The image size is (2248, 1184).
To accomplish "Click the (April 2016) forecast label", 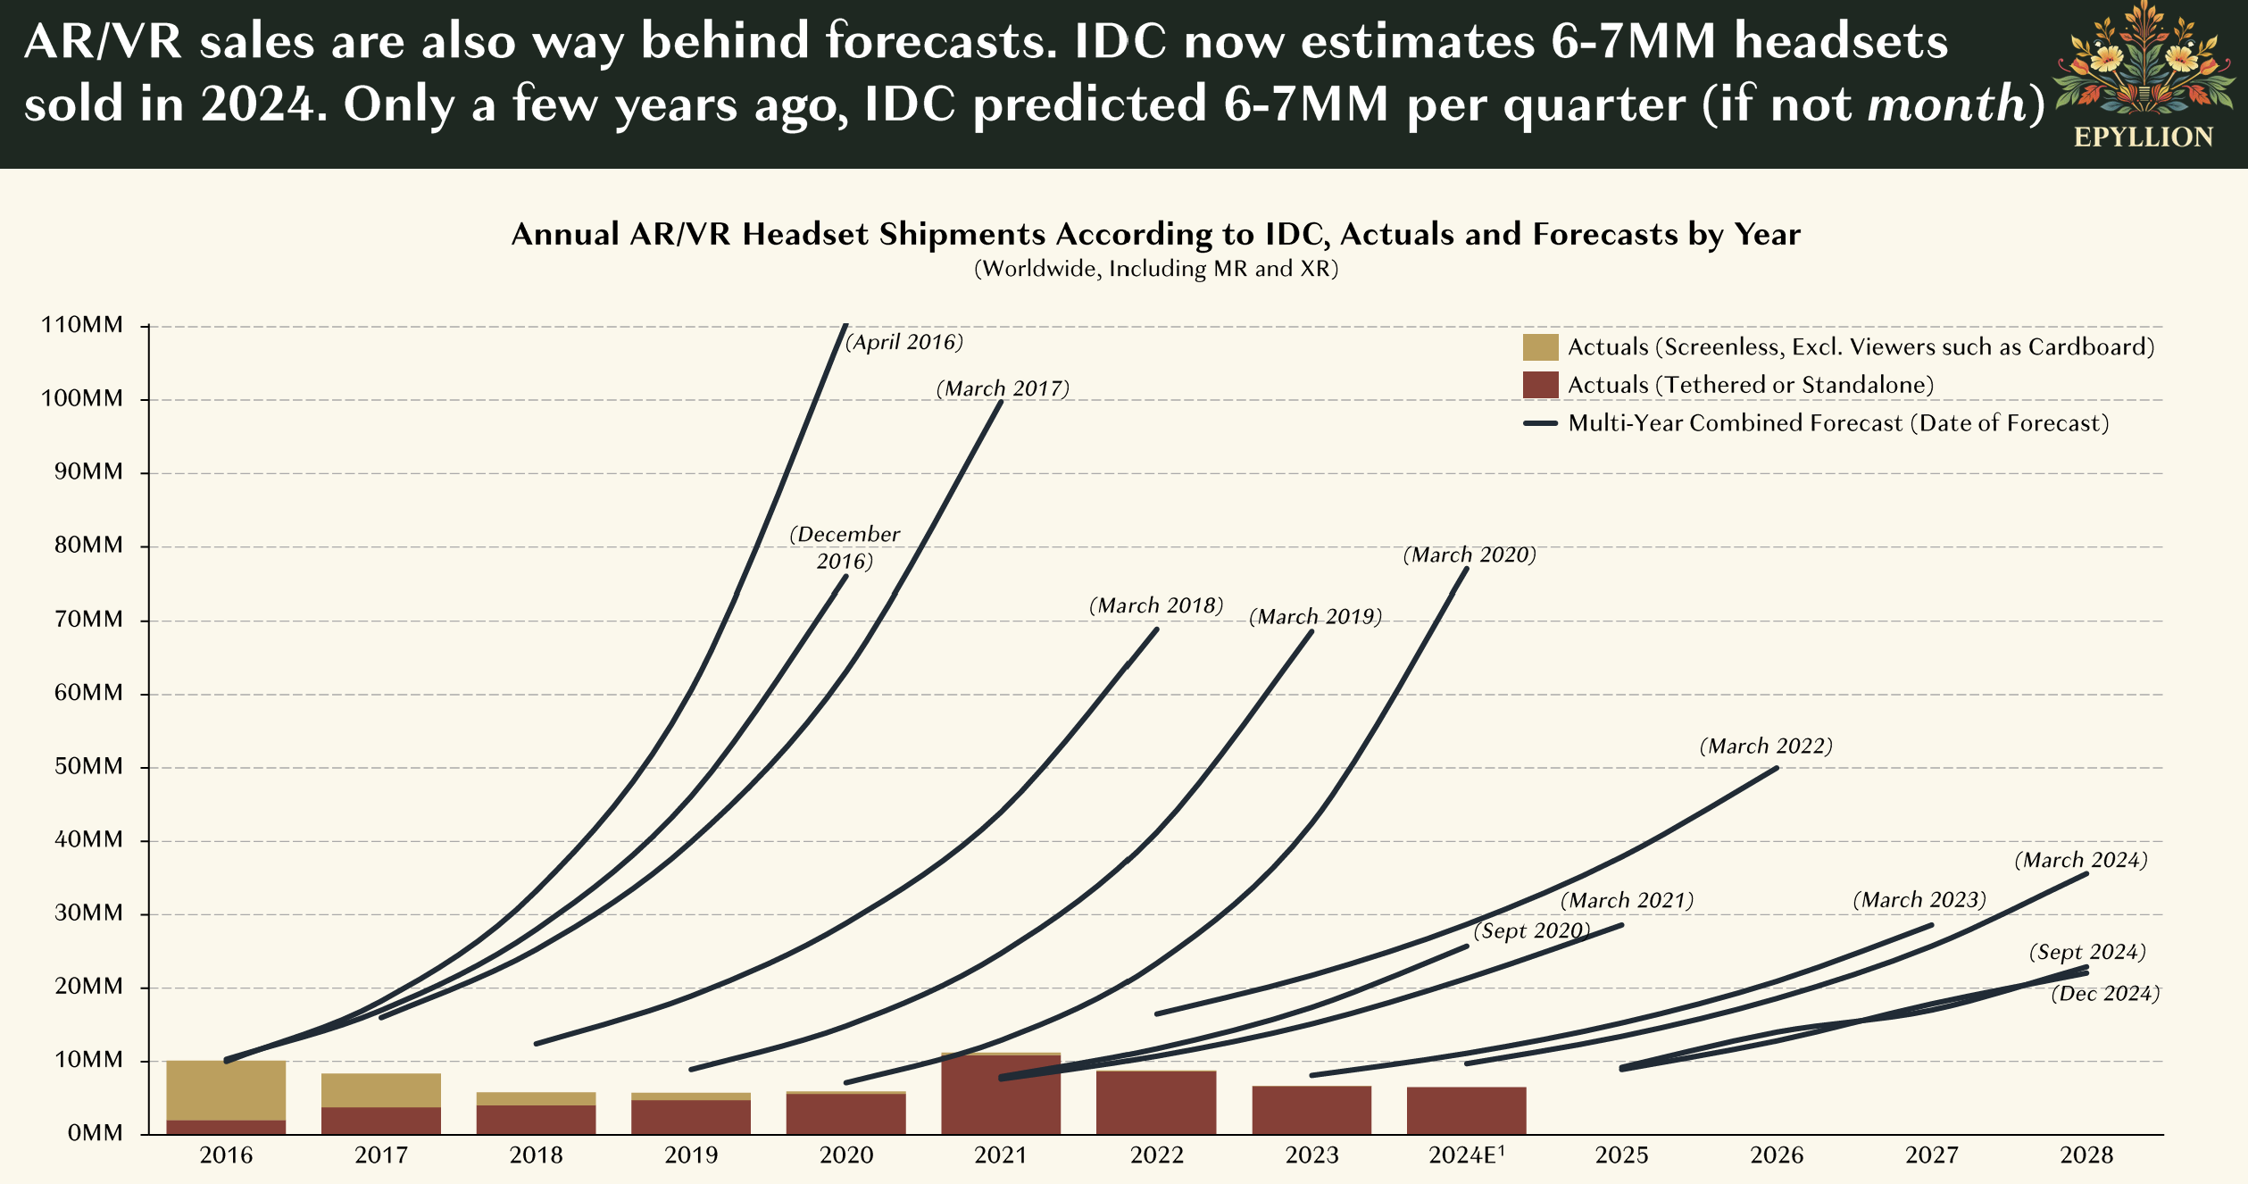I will [x=904, y=343].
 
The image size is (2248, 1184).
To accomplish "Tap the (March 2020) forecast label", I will [x=1470, y=555].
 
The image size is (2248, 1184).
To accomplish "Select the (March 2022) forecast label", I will [x=1766, y=746].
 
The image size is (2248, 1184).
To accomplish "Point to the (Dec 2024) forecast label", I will [x=2105, y=994].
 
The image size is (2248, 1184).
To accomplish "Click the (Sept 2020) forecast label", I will [x=1532, y=931].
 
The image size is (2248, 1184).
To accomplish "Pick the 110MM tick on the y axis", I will [x=82, y=325].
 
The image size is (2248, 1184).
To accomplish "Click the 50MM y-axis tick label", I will [x=88, y=766].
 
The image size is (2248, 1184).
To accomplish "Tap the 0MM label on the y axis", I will [x=95, y=1133].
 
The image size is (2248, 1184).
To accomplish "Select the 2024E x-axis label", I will [x=1466, y=1155].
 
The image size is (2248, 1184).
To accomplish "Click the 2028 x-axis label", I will [x=2086, y=1155].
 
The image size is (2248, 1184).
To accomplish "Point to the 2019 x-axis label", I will [x=691, y=1155].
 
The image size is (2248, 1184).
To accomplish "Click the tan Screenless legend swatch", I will [x=1540, y=347].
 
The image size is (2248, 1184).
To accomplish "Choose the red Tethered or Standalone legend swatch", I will [x=1540, y=385].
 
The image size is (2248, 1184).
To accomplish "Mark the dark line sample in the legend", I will [x=1540, y=423].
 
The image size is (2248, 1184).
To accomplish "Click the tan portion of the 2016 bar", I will [x=226, y=1090].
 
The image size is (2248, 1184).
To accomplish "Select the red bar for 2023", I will [x=1311, y=1110].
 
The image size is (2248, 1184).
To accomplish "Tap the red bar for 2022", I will [x=1156, y=1103].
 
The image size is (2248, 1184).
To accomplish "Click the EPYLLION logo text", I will [x=2144, y=138].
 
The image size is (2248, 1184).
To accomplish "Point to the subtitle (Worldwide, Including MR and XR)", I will [x=1155, y=269].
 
